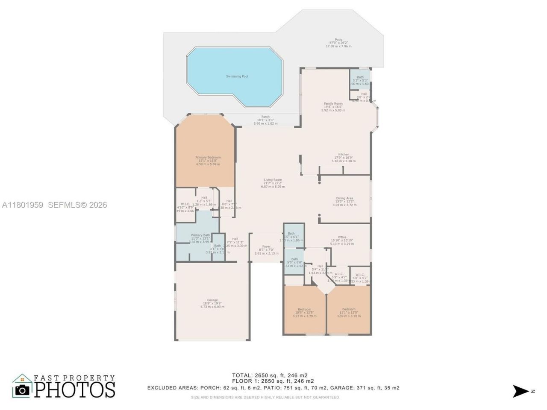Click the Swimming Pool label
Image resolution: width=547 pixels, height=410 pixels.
(237, 76)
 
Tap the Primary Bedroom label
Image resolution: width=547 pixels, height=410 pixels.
(208, 158)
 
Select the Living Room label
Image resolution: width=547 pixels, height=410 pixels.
(273, 180)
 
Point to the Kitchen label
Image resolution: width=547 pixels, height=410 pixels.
(344, 155)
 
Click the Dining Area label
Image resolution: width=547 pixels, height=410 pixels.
(344, 199)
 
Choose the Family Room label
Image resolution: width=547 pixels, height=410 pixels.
(333, 104)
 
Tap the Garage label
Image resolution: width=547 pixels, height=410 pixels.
(212, 300)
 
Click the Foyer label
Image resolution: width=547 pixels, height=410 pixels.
(266, 247)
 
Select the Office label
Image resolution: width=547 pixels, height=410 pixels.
(342, 237)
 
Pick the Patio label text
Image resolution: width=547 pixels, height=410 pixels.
(338, 40)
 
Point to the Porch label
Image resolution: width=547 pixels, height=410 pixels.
(265, 117)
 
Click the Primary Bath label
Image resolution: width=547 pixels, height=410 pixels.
(200, 235)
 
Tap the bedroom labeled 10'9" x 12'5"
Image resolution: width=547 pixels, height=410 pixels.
(304, 310)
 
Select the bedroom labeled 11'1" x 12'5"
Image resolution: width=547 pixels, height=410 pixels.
(348, 309)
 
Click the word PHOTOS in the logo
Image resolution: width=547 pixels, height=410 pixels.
(75, 389)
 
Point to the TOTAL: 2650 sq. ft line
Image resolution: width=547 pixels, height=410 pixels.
(270, 375)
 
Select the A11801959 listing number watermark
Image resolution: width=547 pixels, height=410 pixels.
(22, 205)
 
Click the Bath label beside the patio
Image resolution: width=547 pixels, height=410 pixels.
(360, 78)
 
